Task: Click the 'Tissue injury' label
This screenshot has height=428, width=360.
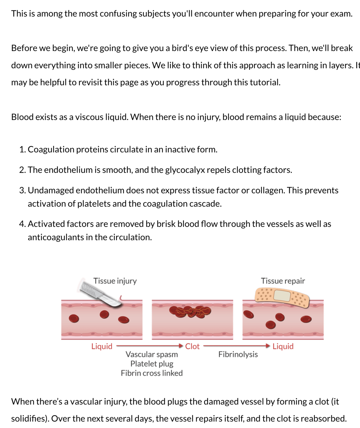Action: pyautogui.click(x=115, y=281)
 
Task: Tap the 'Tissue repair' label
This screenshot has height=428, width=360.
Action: pyautogui.click(x=283, y=281)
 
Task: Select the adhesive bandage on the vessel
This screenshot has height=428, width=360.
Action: pyautogui.click(x=282, y=297)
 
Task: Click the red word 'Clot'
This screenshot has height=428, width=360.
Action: pyautogui.click(x=192, y=346)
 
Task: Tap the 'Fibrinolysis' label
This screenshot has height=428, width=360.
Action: pyautogui.click(x=238, y=354)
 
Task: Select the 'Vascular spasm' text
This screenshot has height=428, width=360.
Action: pyautogui.click(x=152, y=354)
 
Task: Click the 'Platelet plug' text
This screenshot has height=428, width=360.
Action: pyautogui.click(x=152, y=364)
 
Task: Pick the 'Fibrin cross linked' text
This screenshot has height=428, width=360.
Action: pyautogui.click(x=152, y=373)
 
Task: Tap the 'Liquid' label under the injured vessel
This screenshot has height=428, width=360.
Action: pyautogui.click(x=102, y=346)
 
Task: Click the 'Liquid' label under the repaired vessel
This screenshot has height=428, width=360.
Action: pyautogui.click(x=283, y=346)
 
